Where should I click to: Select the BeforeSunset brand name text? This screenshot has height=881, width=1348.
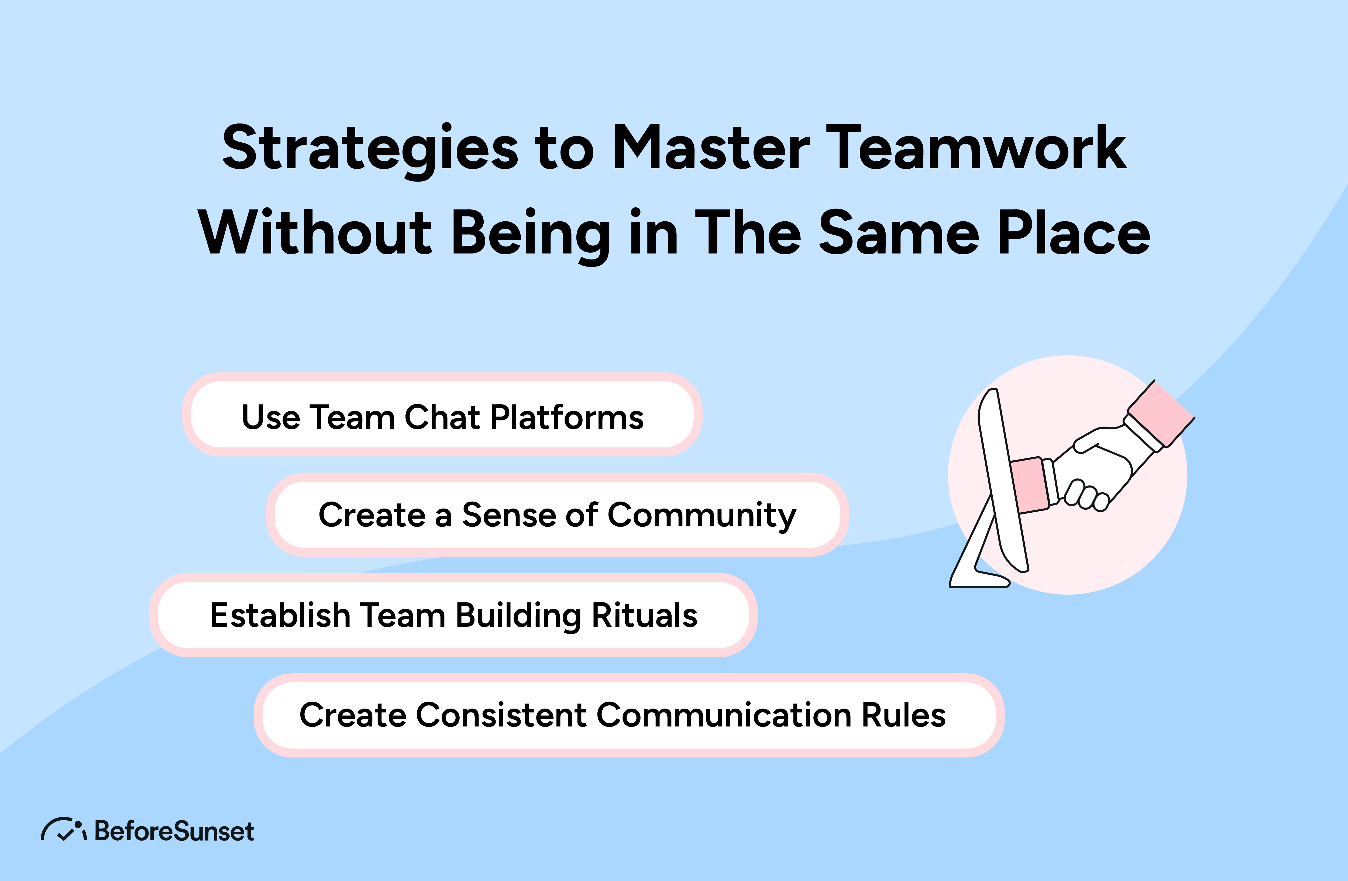[x=174, y=831]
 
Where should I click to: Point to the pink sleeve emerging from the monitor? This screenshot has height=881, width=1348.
[x=1030, y=484]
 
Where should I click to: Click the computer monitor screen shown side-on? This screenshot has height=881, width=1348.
[x=1002, y=482]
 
